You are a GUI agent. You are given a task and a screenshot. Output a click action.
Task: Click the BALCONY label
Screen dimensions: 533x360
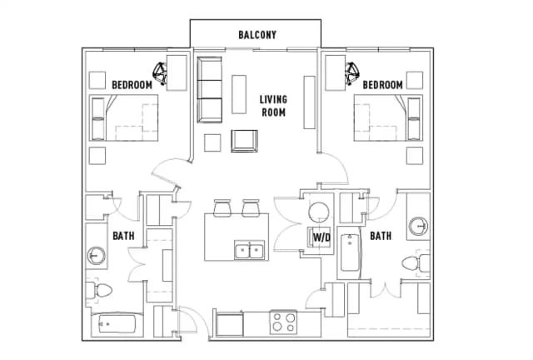257,35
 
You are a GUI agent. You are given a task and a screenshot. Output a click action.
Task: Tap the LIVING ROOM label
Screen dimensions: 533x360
273,106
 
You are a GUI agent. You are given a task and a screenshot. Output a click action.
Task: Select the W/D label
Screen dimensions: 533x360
321,237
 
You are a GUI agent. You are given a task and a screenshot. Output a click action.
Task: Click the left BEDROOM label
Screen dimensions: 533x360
132,85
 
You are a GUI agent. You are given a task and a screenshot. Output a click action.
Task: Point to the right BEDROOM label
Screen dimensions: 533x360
383,85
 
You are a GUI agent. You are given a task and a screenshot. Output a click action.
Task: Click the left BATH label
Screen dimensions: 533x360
123,236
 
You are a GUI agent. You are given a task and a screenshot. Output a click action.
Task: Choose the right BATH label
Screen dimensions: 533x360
381,236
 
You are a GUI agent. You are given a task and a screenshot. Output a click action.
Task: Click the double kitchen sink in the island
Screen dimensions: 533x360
250,250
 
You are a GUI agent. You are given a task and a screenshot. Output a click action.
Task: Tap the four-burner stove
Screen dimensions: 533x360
283,322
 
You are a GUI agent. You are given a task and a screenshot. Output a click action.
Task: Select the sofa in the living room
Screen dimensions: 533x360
210,89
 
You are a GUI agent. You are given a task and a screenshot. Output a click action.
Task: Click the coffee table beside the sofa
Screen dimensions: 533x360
239,94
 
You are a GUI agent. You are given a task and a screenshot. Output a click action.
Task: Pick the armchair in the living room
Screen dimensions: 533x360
244,141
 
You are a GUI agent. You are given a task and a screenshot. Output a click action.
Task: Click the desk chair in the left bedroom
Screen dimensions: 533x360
160,73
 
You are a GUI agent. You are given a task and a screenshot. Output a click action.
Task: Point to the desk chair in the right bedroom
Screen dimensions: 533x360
352,73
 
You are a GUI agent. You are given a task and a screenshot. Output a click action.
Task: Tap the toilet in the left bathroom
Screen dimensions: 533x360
99,291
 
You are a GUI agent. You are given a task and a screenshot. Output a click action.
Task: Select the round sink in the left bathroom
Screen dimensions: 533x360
97,255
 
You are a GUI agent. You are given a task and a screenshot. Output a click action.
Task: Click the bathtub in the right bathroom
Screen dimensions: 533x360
350,252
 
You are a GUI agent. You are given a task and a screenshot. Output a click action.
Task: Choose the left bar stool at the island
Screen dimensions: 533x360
222,207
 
